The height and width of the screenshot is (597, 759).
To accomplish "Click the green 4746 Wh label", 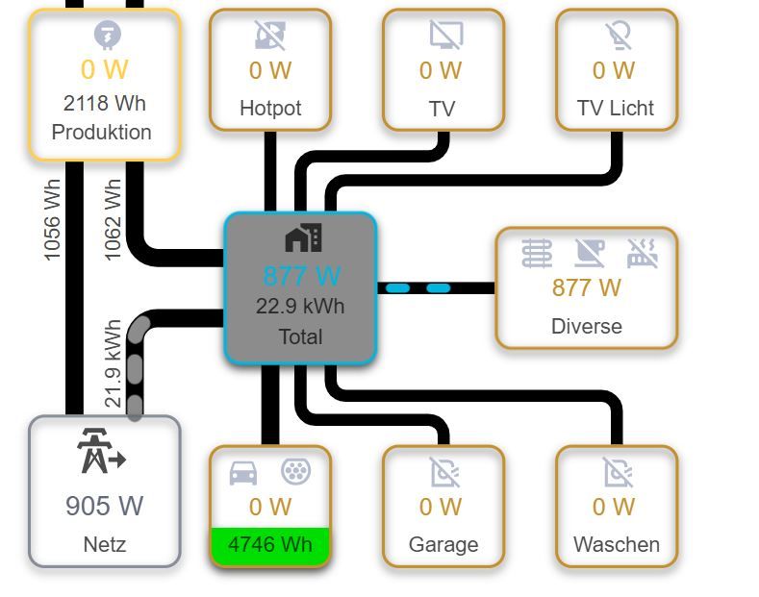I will point(269,545).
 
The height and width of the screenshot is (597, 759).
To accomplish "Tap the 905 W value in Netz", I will point(104,505).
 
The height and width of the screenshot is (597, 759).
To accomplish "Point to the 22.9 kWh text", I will point(300,307).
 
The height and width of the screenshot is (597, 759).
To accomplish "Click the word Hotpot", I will point(270,109).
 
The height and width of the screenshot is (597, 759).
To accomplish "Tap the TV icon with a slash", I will point(445,36).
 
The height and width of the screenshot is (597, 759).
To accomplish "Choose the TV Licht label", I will point(616,109).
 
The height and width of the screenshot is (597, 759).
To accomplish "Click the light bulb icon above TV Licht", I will point(617,36).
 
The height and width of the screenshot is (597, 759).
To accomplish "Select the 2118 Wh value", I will point(105,103).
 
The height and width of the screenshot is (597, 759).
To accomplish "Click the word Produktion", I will point(102,133).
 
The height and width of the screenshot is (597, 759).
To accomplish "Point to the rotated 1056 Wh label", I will point(53,220).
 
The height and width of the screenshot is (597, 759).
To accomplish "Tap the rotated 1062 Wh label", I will point(114,220).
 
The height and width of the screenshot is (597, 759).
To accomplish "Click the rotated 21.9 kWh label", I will point(114,363).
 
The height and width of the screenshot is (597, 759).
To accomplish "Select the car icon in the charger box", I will point(243,473).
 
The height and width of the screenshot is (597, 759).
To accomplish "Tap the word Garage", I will point(443,545).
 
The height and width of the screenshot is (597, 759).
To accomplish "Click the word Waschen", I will point(617,545).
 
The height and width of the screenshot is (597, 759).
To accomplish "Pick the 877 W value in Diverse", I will point(587,287).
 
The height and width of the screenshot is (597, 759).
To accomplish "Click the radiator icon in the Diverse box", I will point(538,253).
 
